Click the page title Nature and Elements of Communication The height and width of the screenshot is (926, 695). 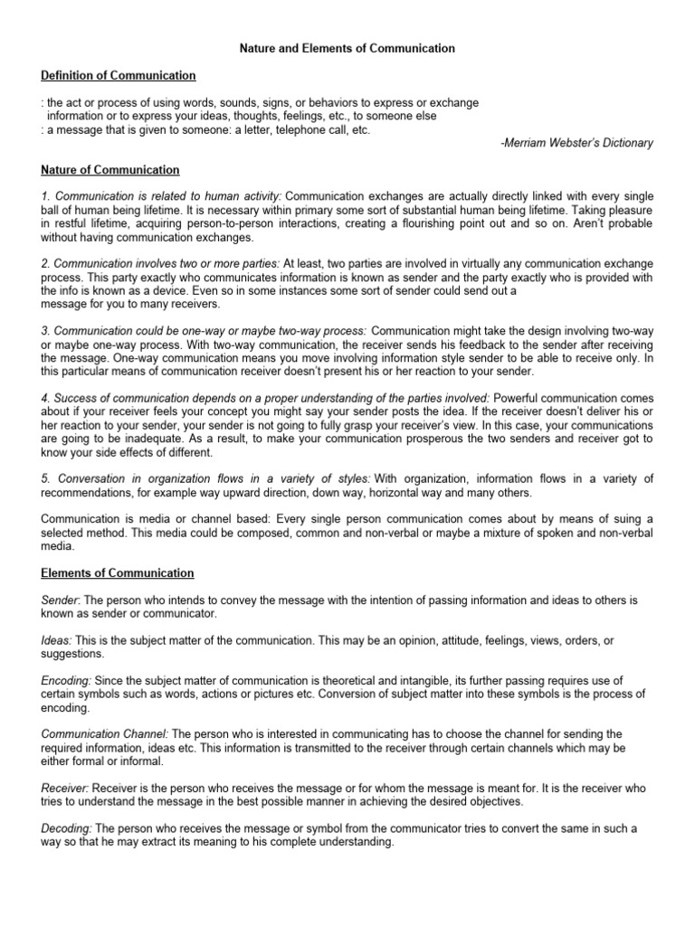pyautogui.click(x=347, y=47)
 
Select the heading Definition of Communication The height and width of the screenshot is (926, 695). pyautogui.click(x=119, y=75)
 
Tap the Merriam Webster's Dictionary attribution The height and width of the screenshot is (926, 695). pyautogui.click(x=576, y=143)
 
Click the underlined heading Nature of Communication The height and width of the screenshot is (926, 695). pyautogui.click(x=110, y=170)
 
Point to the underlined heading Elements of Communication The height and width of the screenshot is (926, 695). pyautogui.click(x=118, y=572)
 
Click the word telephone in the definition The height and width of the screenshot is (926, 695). pyautogui.click(x=289, y=129)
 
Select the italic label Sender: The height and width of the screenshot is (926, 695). pyautogui.click(x=61, y=600)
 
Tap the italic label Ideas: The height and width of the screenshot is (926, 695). pyautogui.click(x=58, y=640)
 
